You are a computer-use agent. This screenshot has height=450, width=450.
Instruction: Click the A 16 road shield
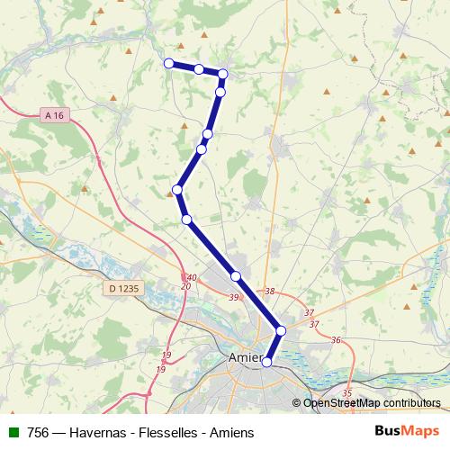(53, 115)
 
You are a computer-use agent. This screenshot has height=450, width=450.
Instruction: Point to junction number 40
(191, 277)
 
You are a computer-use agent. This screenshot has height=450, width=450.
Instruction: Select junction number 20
(185, 286)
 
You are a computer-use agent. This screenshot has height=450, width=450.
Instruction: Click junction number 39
(234, 298)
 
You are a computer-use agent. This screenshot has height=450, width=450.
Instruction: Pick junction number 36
(337, 339)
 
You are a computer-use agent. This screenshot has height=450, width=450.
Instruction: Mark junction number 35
(347, 393)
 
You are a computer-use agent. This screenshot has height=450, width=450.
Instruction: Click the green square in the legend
(13, 432)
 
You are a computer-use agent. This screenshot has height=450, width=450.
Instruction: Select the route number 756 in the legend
(38, 432)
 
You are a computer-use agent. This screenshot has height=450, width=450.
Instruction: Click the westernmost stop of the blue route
(168, 62)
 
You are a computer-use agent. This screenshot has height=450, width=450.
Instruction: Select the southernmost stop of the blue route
(266, 362)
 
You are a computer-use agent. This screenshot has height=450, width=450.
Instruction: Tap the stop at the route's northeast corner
(223, 74)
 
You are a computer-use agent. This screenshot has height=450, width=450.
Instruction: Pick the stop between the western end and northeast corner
(199, 68)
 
